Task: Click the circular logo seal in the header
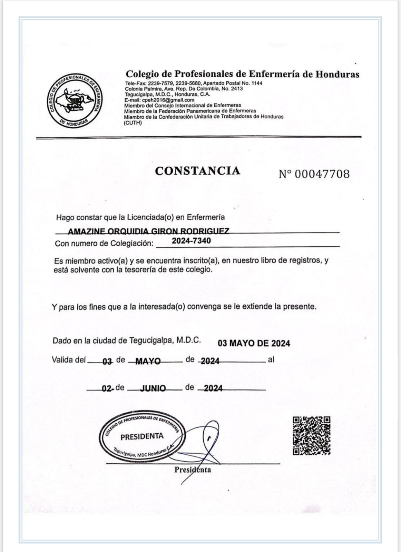point(75,101)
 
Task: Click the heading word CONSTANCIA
point(197,171)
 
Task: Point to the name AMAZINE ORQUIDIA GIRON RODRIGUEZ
point(148,231)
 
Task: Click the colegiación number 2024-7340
point(191,241)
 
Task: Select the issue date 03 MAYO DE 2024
point(254,343)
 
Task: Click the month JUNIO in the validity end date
point(153,388)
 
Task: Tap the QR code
point(312,435)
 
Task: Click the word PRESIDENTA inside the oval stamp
point(142,436)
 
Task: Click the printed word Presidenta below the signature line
point(193,470)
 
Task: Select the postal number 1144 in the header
point(257,83)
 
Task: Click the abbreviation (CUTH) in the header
point(133,122)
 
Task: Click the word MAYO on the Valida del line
point(148,361)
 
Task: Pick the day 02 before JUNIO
point(107,388)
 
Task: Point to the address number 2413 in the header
point(236,89)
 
